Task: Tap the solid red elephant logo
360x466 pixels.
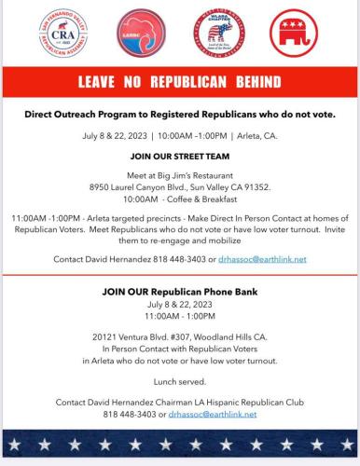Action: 295,36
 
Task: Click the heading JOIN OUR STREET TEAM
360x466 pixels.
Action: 180,157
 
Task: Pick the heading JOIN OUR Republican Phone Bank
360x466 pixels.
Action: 180,292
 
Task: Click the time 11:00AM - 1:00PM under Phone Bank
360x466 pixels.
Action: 180,316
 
